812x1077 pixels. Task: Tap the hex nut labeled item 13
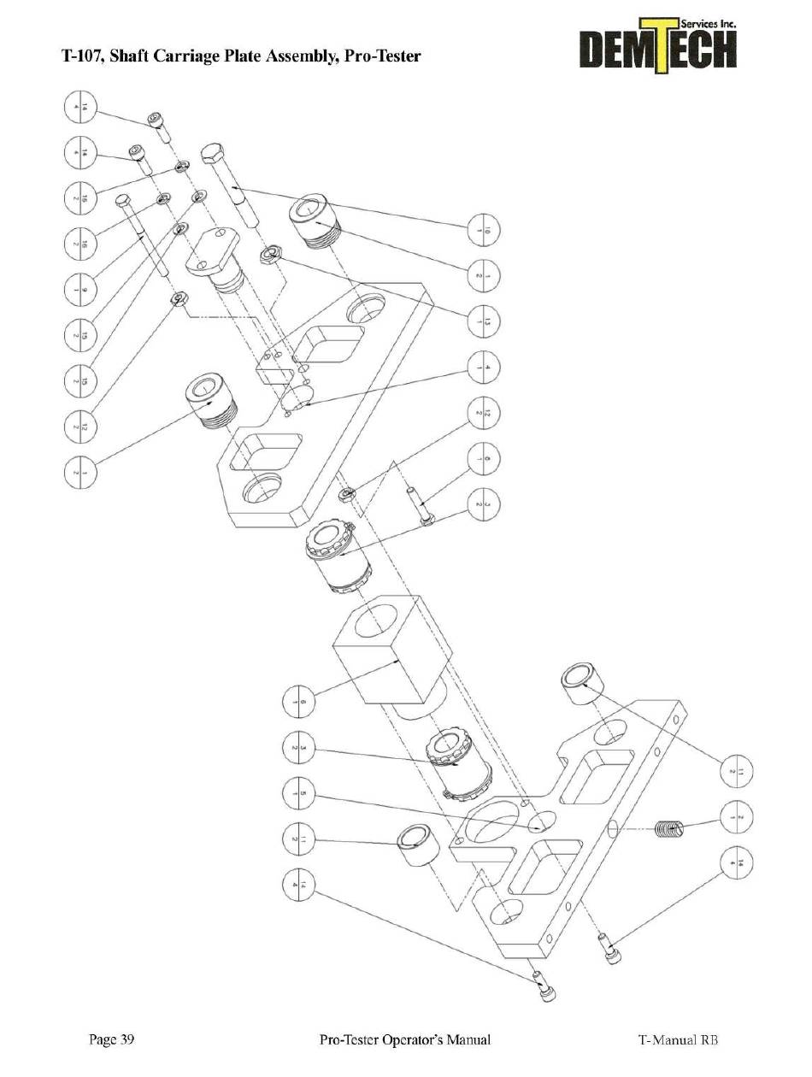(273, 253)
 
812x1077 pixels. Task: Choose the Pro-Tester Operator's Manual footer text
(404, 1040)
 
